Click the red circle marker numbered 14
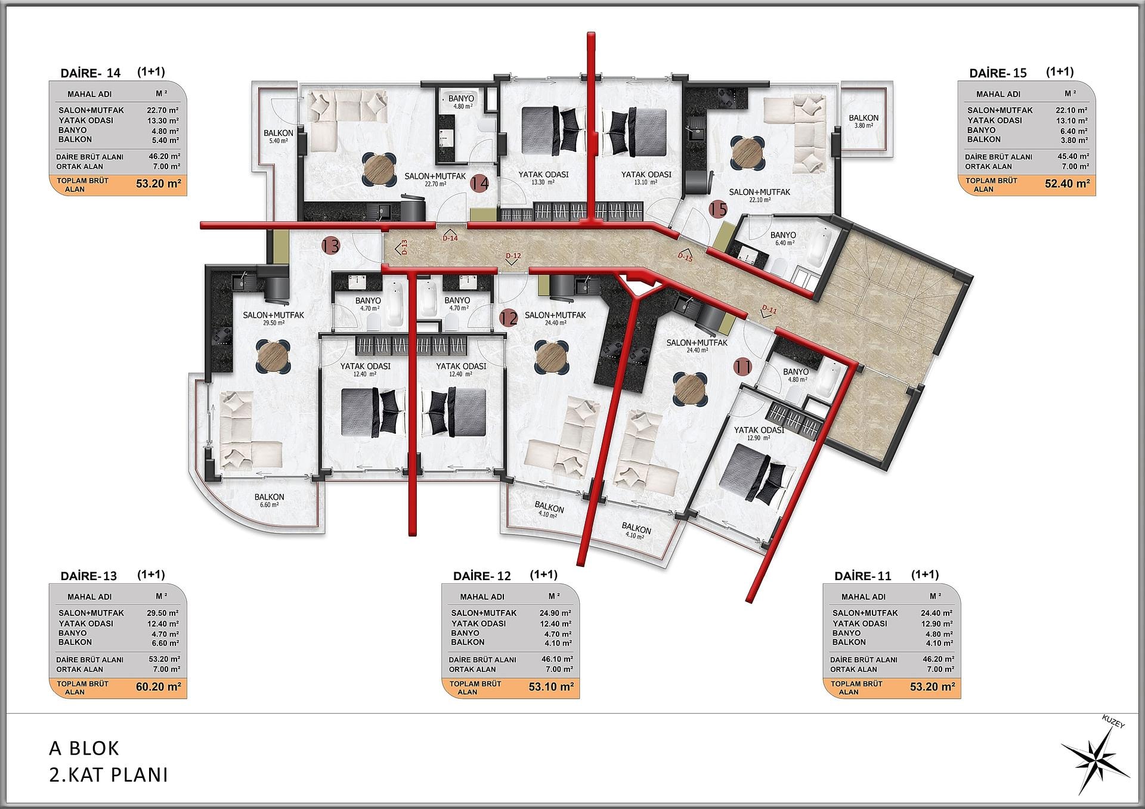click(479, 184)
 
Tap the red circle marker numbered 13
click(330, 245)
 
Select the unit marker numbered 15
click(719, 209)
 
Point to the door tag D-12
click(513, 258)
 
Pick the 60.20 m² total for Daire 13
click(159, 687)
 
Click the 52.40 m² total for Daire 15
click(1067, 184)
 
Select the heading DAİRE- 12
click(482, 576)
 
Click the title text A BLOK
click(84, 748)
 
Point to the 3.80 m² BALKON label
click(864, 121)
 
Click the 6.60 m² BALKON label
click(269, 500)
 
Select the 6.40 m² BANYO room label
click(783, 238)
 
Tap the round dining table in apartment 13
click(274, 357)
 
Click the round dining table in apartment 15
click(747, 153)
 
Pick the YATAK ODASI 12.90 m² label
click(759, 433)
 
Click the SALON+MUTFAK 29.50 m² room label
click(274, 318)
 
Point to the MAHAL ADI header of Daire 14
click(89, 94)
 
